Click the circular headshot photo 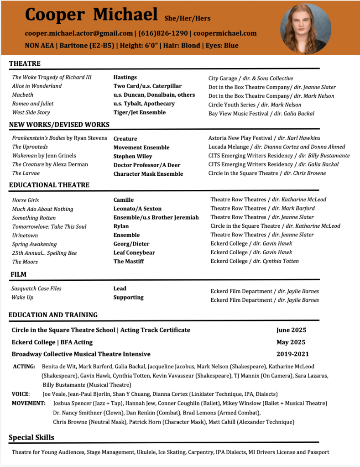click(x=306, y=29)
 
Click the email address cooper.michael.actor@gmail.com click(x=79, y=33)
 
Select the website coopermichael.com click(x=225, y=33)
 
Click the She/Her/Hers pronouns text click(x=187, y=19)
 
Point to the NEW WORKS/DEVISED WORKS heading click(x=59, y=125)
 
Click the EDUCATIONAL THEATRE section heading click(x=49, y=185)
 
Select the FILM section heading click(x=19, y=274)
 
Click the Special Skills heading click(x=31, y=437)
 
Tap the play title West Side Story click(x=31, y=112)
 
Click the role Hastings click(x=125, y=77)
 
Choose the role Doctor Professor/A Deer click(x=147, y=165)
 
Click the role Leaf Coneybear click(x=134, y=252)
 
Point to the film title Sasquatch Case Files click(x=37, y=289)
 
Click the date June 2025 click(x=291, y=330)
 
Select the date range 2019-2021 click(x=292, y=354)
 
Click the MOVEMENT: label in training click(x=29, y=403)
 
